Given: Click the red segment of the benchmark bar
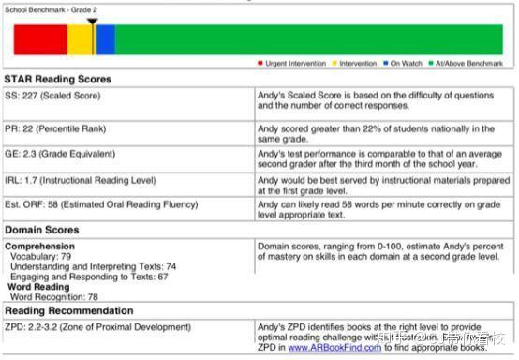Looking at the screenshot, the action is pos(40,39).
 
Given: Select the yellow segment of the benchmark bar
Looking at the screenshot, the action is pos(81,39).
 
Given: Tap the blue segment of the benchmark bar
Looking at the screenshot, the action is pos(105,39).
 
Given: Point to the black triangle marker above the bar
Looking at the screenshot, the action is pos(91,21).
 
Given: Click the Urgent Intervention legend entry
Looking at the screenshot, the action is pos(293,63).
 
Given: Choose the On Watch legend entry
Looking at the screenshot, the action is pos(404,63).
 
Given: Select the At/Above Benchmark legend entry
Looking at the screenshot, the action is pos(466,63).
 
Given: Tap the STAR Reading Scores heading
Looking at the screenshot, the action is pos(58,80).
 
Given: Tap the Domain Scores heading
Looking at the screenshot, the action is pos(42,229).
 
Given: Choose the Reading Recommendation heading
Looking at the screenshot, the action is pos(68,310).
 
